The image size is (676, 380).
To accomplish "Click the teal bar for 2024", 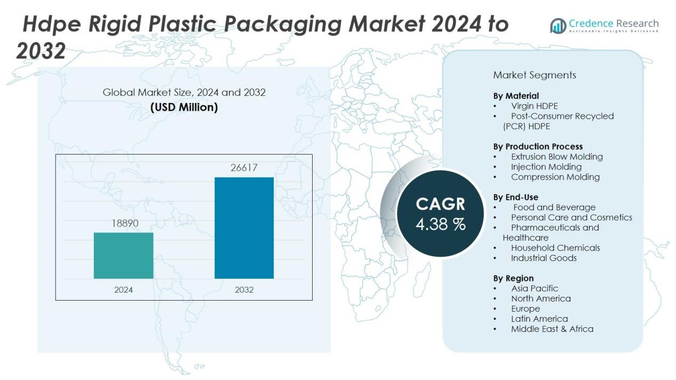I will point(123,255).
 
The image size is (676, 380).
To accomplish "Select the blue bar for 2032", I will point(244,228).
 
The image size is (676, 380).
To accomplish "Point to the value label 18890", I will point(125,223).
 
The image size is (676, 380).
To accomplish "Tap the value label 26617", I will point(244,168).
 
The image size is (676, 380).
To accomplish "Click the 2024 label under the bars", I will point(123,290).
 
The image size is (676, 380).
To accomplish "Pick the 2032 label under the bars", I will point(244,290).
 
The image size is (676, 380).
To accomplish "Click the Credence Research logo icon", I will point(558,26).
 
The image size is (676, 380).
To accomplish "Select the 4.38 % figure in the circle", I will point(440,224).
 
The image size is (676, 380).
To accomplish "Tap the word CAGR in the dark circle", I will point(440,204).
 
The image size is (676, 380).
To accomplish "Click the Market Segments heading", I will point(534,75).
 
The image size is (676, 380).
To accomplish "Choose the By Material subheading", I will point(515,96).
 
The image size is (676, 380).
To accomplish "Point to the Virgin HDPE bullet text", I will point(534,106).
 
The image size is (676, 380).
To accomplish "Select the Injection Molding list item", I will point(546,167).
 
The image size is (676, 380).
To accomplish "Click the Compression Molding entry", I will point(555,177).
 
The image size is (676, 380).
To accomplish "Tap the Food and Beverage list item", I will point(554,207).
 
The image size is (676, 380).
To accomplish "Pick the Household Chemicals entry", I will point(555,248).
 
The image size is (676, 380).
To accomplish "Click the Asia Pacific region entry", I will point(534,288).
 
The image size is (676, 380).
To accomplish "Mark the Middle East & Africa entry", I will point(552,329).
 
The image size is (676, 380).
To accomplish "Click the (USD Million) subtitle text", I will point(184,107).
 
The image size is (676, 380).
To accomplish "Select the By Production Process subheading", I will point(538,147).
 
